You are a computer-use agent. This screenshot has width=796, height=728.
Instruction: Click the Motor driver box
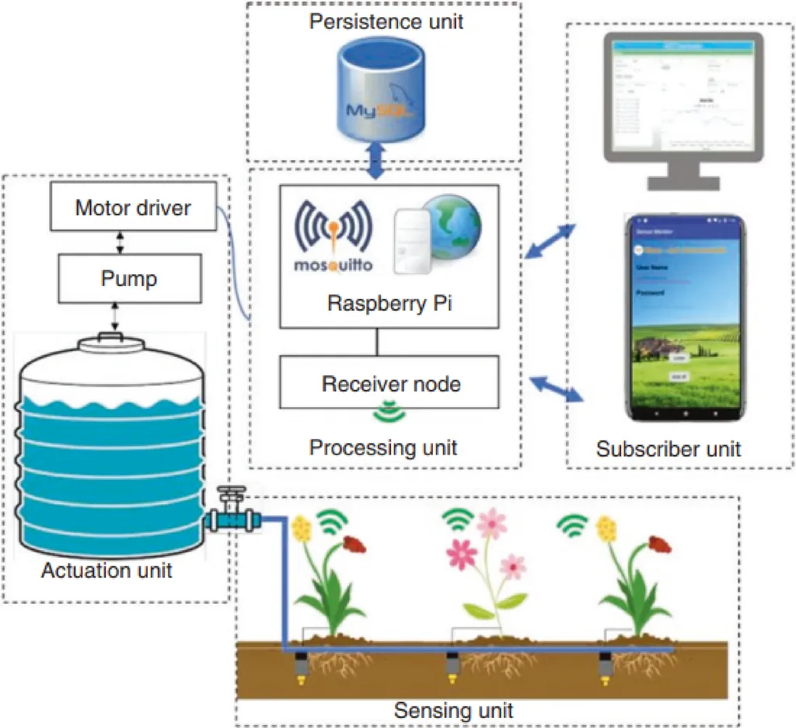tap(133, 208)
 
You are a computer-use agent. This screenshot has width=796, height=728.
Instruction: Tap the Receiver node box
tap(391, 383)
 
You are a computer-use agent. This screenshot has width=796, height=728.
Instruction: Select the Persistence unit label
tap(386, 21)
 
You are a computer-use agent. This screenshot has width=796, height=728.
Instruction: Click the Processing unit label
tap(383, 448)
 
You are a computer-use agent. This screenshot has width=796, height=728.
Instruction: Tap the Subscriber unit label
tap(669, 449)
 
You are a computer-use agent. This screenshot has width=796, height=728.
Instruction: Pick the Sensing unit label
tap(454, 710)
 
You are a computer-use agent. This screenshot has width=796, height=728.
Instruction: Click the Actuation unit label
tap(106, 570)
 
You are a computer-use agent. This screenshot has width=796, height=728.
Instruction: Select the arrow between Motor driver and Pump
tap(119, 243)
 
